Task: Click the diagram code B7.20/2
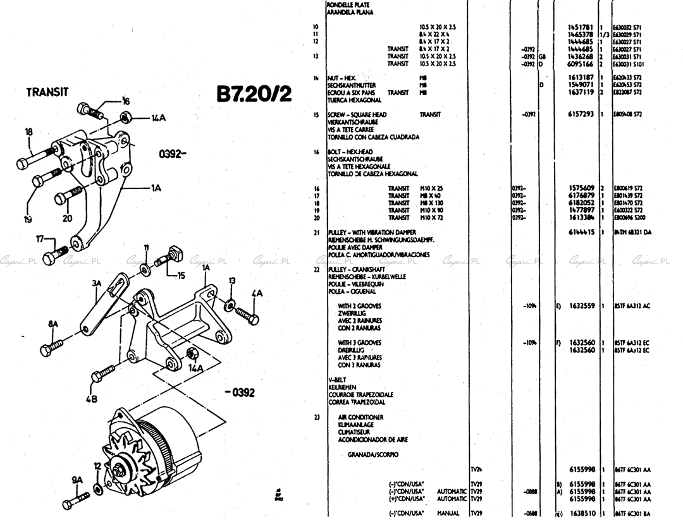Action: (x=254, y=94)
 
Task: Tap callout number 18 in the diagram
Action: (x=28, y=132)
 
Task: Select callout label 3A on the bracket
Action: (x=96, y=284)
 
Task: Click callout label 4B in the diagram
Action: (x=92, y=399)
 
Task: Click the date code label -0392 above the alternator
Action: (x=240, y=392)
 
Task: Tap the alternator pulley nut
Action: (x=119, y=470)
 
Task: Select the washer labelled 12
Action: (x=98, y=489)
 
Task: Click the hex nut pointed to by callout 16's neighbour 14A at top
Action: (x=126, y=116)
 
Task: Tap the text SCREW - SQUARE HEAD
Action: (x=356, y=114)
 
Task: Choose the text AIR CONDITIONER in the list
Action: (x=360, y=418)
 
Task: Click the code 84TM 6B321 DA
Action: (x=633, y=233)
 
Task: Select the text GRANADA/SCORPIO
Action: (x=373, y=454)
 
